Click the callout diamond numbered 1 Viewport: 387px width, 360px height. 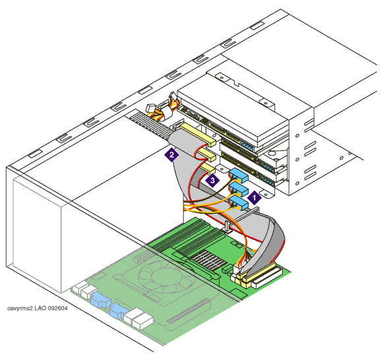tap(254, 197)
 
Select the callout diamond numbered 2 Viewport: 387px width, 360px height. tap(172, 155)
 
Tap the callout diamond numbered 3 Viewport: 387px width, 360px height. tap(212, 181)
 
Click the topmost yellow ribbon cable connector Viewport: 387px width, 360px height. tap(198, 135)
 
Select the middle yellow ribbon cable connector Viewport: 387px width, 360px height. tap(207, 154)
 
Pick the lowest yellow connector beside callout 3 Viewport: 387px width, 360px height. tap(208, 169)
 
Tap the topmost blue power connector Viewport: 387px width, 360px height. tap(238, 175)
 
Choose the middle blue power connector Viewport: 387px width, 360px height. tap(238, 189)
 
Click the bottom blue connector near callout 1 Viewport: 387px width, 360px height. tap(239, 203)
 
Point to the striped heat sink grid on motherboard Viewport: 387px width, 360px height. tap(209, 260)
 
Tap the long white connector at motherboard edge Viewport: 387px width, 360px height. tap(267, 278)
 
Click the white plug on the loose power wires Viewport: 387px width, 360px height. tap(150, 108)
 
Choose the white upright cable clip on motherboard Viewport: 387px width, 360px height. tap(227, 227)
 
